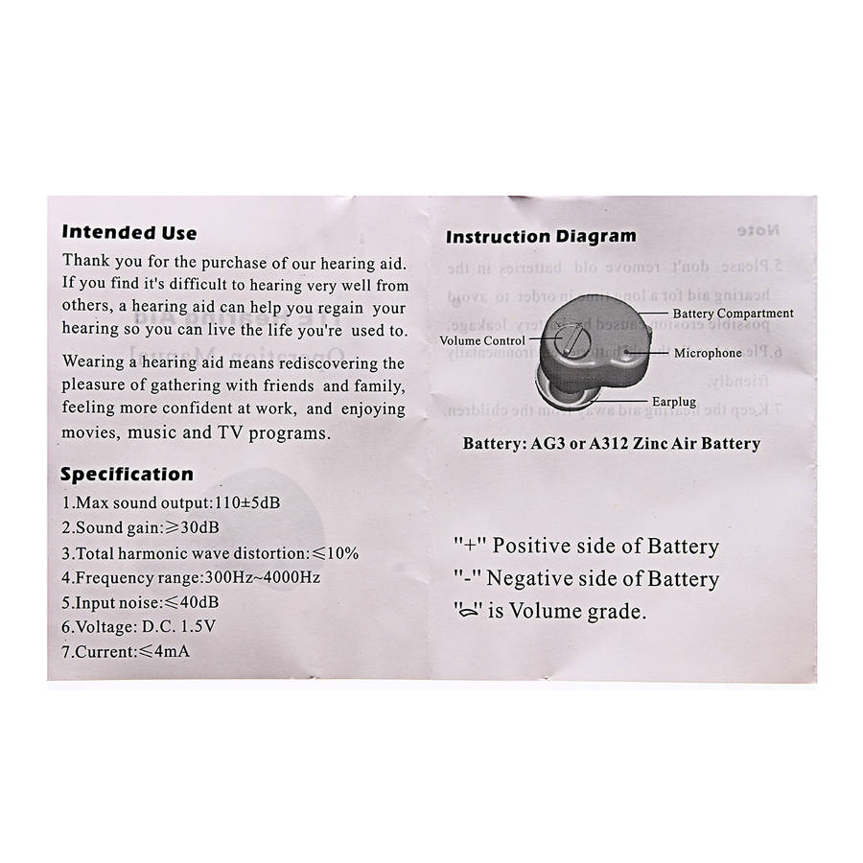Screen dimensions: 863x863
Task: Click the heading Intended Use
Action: pyautogui.click(x=129, y=232)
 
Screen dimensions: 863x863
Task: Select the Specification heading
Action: pyautogui.click(x=127, y=474)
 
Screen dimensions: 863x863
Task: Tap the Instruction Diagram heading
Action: pyautogui.click(x=542, y=236)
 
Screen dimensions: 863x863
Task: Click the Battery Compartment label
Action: pyautogui.click(x=734, y=313)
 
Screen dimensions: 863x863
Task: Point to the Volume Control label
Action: pyautogui.click(x=482, y=340)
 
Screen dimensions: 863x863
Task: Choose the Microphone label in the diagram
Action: pyautogui.click(x=708, y=353)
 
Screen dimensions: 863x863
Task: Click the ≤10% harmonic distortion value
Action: pyautogui.click(x=333, y=553)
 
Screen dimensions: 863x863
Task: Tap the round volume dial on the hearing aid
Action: pyautogui.click(x=568, y=338)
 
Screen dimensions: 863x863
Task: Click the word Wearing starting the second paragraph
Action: pyautogui.click(x=97, y=363)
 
